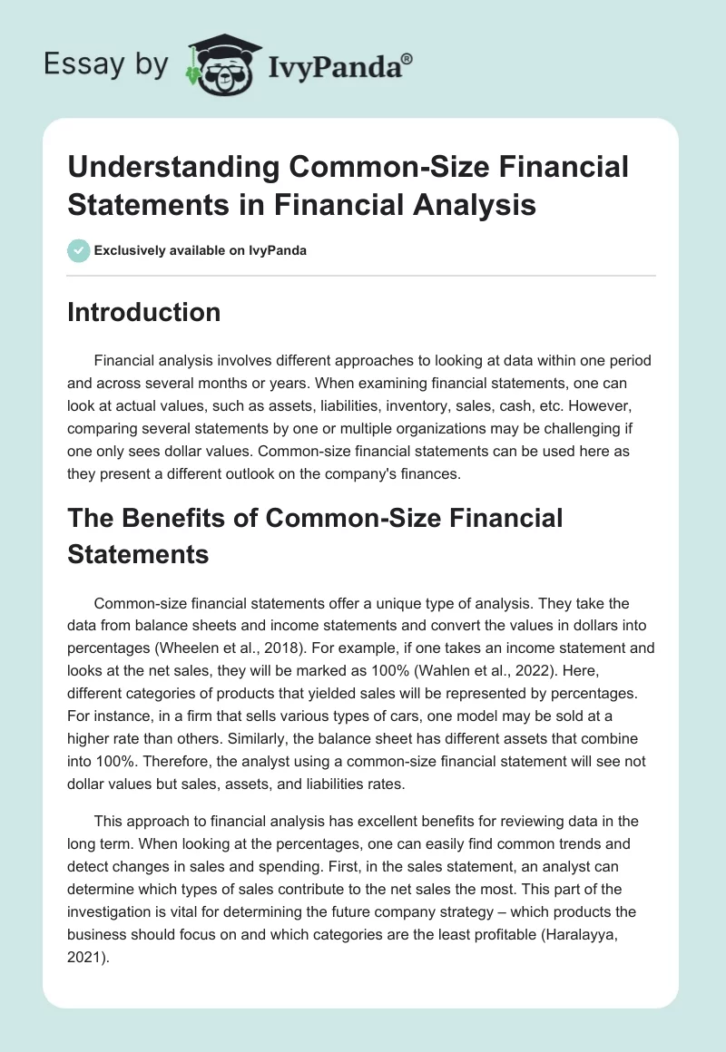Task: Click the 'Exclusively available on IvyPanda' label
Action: [200, 250]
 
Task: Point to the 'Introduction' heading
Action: [144, 312]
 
